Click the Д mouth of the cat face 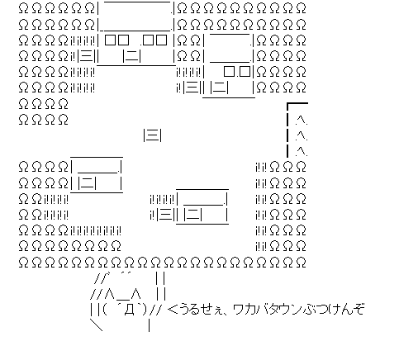point(129,310)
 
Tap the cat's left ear point(109,295)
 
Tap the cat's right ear point(136,295)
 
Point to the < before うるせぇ point(171,310)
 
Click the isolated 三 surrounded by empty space point(153,135)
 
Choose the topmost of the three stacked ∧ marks point(302,120)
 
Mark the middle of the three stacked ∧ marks point(302,135)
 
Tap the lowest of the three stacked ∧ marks point(302,151)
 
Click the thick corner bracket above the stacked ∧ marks point(287,103)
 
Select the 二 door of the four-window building point(132,57)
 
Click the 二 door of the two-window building point(219,88)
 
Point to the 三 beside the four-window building point(87,57)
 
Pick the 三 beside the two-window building point(192,88)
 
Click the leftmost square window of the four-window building point(111,40)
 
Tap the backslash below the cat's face point(97,325)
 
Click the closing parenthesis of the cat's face point(144,310)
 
